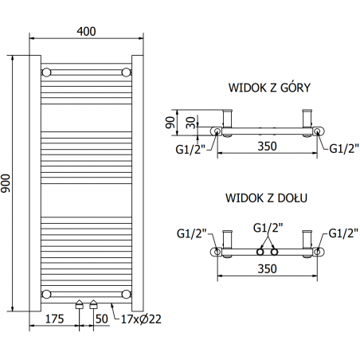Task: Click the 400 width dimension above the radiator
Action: click(x=87, y=31)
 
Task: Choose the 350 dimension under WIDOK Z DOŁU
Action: click(x=266, y=269)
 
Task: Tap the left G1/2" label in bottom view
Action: click(x=192, y=233)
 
